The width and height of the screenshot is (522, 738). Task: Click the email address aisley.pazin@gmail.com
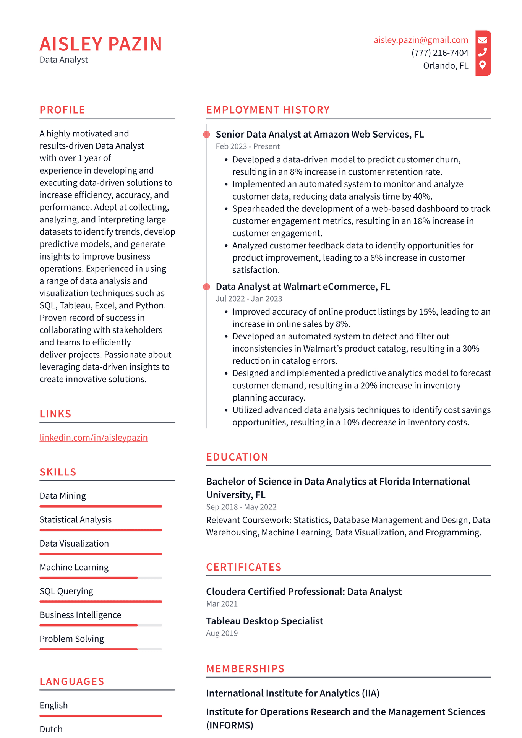coord(421,40)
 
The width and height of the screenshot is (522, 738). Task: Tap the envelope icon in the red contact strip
coord(483,40)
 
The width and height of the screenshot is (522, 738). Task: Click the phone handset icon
coord(483,52)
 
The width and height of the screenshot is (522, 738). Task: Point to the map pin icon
coord(483,65)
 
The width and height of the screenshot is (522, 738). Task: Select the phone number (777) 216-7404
coord(440,53)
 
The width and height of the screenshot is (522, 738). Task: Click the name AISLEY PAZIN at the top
coord(101,44)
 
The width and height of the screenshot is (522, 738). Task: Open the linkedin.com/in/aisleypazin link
coord(94,438)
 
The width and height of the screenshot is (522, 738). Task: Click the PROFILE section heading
coord(62,110)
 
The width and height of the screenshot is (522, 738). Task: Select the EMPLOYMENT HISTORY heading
coord(268,110)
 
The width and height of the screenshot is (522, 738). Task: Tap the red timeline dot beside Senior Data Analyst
coord(207,135)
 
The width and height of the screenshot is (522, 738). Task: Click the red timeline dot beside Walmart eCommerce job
coord(207,287)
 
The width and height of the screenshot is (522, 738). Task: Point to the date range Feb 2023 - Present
coord(248,146)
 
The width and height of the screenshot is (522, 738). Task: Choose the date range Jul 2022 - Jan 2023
coord(249,299)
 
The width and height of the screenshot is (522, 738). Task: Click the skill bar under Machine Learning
coord(101,578)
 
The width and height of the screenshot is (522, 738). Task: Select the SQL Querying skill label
coord(66,591)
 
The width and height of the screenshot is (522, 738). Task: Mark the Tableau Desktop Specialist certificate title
coord(264,621)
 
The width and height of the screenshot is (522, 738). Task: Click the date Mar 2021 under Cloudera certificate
coord(222,604)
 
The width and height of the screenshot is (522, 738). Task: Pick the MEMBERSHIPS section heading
coord(245,669)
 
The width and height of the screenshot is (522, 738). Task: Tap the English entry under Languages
coord(54,706)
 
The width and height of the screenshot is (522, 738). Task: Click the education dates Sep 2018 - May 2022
coord(241,507)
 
